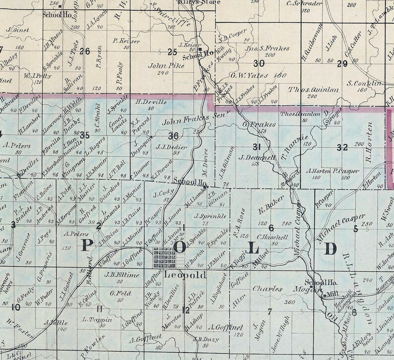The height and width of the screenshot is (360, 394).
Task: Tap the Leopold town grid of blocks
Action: pos(164,257)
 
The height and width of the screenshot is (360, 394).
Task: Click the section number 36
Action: pos(173,136)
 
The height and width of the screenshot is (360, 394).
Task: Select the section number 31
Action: pos(257,147)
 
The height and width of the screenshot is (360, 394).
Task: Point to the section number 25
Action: pos(173,52)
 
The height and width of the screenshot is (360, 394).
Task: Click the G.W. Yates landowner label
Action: pos(251,76)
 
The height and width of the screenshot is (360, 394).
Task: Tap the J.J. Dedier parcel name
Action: pos(171,147)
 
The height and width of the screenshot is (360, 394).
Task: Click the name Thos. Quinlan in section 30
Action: pos(309,89)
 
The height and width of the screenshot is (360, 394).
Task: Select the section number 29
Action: pos(342,63)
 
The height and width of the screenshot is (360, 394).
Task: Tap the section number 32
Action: pos(342,147)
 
